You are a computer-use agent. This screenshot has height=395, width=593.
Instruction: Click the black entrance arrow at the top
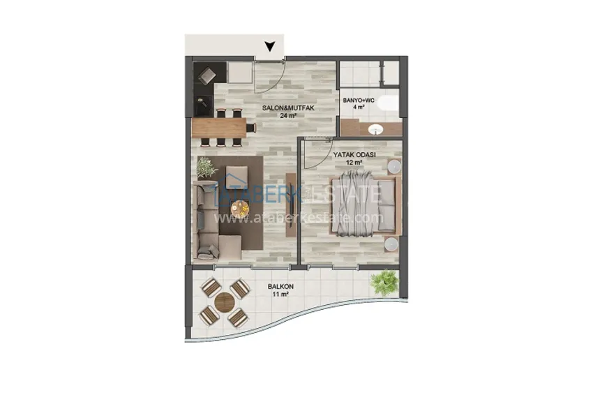point(270,48)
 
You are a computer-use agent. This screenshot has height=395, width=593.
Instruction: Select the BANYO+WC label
point(360,100)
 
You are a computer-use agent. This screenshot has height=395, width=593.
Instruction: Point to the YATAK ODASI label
point(355,154)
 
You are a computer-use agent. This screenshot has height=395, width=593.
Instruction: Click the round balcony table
point(225,302)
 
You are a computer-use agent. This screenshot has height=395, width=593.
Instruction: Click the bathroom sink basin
point(375,129)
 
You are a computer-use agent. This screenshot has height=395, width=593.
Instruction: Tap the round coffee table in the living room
point(241,208)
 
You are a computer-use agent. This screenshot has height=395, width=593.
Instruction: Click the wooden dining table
point(220,127)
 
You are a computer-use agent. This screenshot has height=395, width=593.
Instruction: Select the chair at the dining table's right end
point(252,127)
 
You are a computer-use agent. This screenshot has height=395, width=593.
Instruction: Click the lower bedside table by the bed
point(393,244)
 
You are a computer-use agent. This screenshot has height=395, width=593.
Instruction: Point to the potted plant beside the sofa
point(207,167)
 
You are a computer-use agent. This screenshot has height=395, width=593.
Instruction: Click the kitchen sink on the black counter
point(204,103)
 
